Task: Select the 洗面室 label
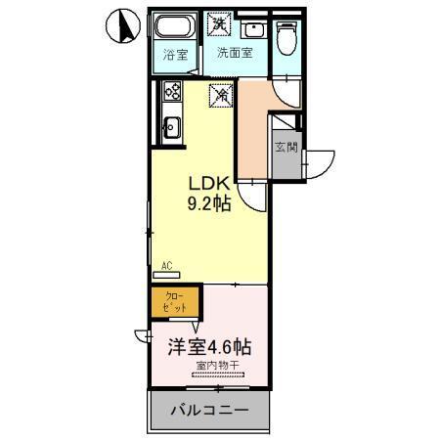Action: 235,53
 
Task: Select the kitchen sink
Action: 171,126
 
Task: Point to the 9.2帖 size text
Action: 209,204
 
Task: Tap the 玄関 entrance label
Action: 286,148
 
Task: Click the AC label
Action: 166,265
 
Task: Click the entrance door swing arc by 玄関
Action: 320,162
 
